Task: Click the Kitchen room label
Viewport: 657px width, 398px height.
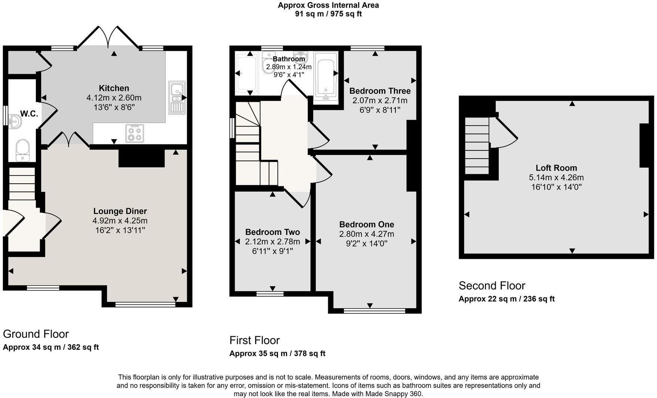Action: [114, 88]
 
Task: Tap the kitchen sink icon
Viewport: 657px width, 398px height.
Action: [177, 97]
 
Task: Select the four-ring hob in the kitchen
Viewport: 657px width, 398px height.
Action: [135, 134]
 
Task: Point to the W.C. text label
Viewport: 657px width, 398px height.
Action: [29, 114]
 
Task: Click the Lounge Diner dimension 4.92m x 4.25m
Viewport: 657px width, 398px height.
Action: [120, 221]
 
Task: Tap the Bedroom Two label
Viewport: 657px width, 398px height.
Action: [272, 232]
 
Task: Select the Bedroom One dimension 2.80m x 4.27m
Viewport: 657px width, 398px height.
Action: [366, 234]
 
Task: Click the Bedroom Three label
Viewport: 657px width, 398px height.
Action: [380, 91]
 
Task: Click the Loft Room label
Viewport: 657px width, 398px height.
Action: [556, 168]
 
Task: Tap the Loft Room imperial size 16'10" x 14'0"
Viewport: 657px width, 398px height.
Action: [556, 187]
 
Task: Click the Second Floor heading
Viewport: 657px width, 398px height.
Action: [492, 286]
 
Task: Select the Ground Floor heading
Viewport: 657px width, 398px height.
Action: [36, 334]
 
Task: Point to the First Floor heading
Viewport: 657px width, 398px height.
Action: [254, 340]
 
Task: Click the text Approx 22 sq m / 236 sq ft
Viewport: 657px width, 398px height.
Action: [506, 299]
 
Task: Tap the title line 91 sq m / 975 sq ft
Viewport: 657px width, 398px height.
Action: [328, 14]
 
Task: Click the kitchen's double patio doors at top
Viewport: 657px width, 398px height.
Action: [108, 37]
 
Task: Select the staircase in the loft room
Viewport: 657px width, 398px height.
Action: [477, 146]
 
